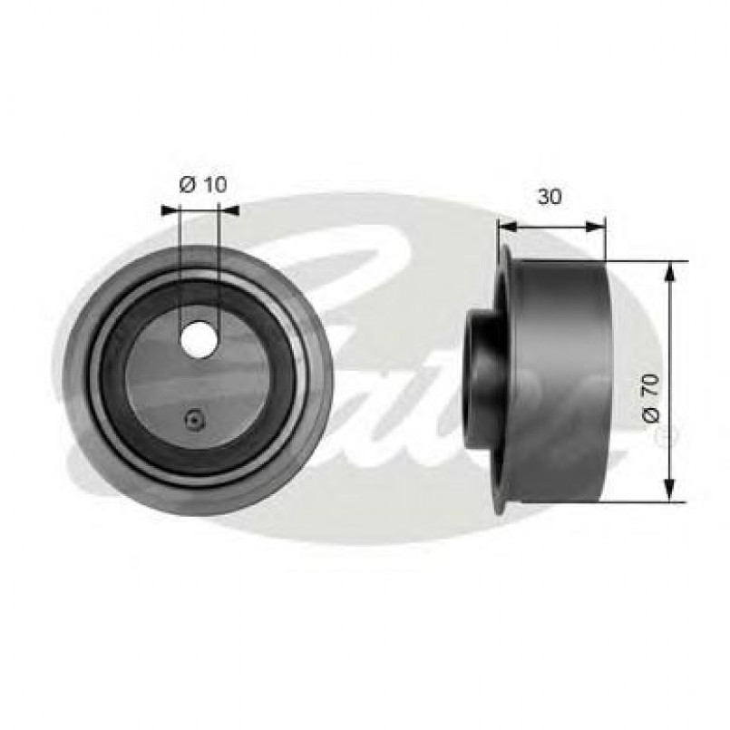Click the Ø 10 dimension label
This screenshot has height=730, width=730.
[x=202, y=184]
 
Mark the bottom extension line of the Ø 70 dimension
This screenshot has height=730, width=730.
[x=635, y=500]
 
